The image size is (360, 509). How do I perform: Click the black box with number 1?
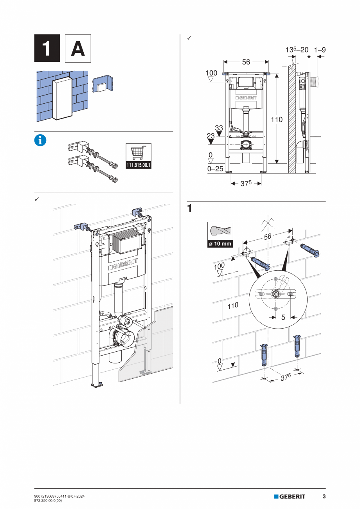tap(47, 48)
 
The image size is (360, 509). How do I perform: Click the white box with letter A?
tap(78, 48)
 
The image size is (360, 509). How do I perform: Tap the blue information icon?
tap(40, 140)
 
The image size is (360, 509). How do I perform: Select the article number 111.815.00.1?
tap(139, 165)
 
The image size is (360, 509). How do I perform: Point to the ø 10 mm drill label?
tap(220, 244)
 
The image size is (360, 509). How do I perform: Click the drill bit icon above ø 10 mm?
tap(220, 231)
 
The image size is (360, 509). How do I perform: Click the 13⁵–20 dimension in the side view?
tap(296, 50)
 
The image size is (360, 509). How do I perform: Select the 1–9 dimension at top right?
tap(320, 50)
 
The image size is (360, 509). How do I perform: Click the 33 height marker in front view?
tap(219, 128)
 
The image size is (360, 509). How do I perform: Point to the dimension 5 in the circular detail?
tap(283, 317)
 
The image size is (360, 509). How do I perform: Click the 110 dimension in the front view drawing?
tap(277, 120)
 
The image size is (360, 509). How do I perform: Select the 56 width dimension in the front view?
tap(246, 62)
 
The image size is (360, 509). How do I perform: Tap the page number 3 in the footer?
tap(324, 496)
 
